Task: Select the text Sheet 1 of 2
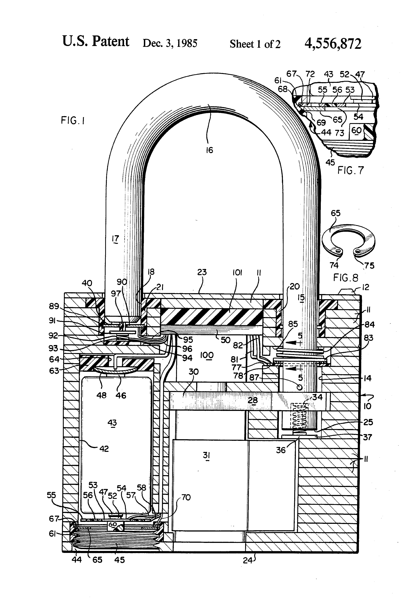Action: tap(255, 44)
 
